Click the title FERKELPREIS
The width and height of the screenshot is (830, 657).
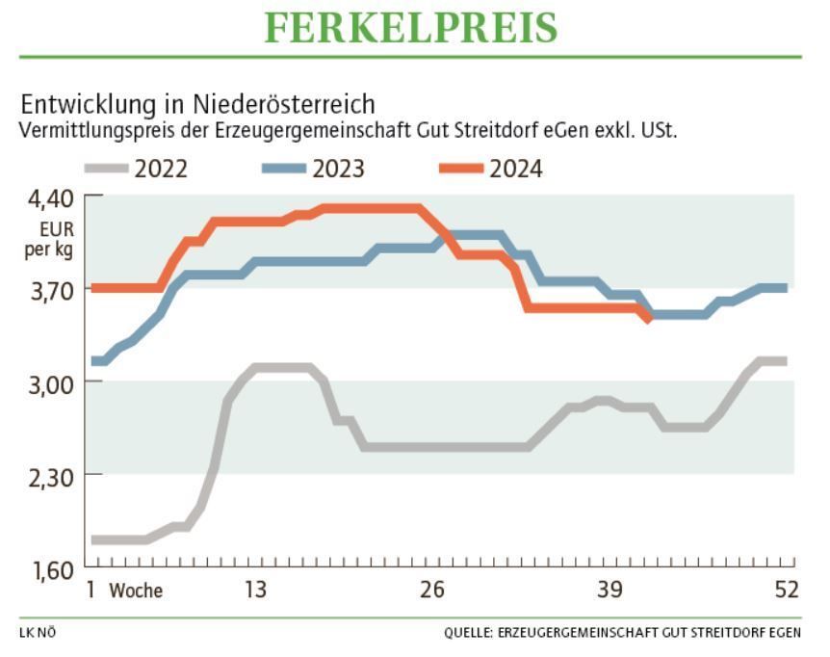coord(411,28)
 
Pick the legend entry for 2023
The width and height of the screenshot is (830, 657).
coord(314,170)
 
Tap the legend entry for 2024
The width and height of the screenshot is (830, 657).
coord(492,170)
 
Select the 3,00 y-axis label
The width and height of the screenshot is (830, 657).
coord(47,382)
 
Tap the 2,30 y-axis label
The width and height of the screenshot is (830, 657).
coord(47,475)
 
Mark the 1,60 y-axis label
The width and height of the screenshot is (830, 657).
coord(47,568)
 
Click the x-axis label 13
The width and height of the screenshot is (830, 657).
coord(254,590)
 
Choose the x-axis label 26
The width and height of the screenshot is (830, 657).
coord(431,590)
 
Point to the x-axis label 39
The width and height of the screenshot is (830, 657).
coord(610,590)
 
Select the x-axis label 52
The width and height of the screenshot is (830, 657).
coord(787,590)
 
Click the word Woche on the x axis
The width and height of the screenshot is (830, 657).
coord(136,591)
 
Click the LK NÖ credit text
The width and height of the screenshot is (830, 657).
coord(38,633)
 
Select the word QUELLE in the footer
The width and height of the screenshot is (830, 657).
coord(468,633)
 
